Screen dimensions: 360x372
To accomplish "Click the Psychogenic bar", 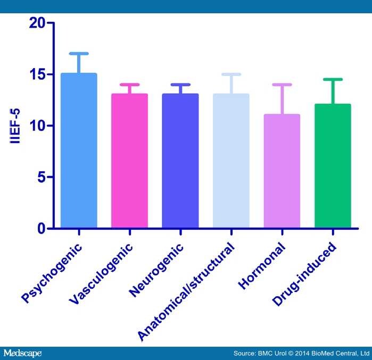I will [78, 151].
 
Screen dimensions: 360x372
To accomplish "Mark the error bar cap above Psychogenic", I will [78, 53].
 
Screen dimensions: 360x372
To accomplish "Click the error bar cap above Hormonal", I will [282, 84].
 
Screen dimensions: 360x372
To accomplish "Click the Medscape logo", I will [22, 353].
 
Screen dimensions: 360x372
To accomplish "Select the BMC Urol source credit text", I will [301, 353].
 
